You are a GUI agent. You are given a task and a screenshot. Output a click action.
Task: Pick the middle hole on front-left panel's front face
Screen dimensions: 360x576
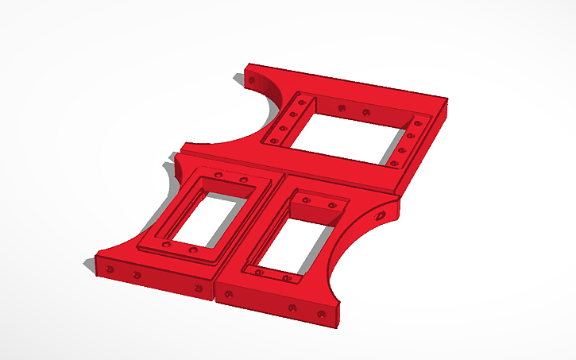click(137, 275)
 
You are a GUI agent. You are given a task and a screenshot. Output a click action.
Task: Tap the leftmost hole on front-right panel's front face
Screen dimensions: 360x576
click(230, 295)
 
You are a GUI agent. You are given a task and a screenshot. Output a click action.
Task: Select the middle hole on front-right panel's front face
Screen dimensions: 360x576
click(292, 307)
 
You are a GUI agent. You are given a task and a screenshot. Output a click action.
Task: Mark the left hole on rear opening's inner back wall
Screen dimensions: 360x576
click(342, 107)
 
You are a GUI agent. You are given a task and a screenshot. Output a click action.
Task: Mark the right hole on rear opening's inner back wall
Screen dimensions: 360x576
click(366, 112)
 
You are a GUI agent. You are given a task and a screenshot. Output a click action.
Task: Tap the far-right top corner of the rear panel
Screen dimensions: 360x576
click(445, 99)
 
